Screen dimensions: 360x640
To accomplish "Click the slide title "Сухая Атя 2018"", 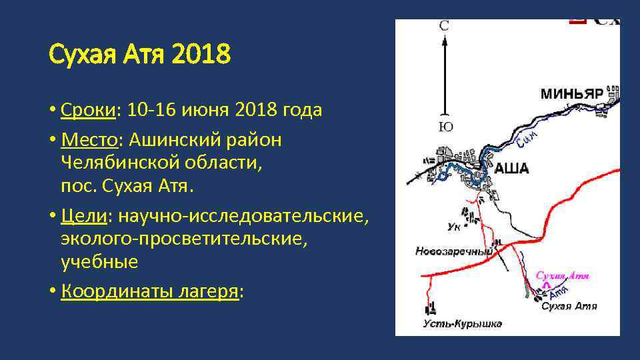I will coord(140,55).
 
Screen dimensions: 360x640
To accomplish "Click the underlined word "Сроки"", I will coord(87,109).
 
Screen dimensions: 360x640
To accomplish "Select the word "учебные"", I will coord(99,261).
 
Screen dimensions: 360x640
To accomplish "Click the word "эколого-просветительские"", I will coord(184,239).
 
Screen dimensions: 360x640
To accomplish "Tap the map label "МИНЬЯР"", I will coord(571,93).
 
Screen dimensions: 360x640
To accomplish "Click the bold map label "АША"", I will coord(511,169).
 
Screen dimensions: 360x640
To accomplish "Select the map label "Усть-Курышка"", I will coord(462,325).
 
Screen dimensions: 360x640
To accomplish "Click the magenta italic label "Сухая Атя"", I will coord(563,275).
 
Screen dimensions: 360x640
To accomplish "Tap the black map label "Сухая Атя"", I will coord(569,307).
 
